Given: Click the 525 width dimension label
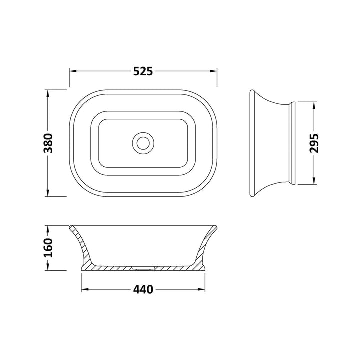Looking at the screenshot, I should tap(142, 71).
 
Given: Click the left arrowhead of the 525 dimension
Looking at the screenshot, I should tap(72, 71).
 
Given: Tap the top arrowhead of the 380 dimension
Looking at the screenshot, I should tap(48, 93).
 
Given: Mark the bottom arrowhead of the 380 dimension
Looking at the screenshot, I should tap(48, 194).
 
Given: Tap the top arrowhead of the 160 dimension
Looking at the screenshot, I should tap(48, 228).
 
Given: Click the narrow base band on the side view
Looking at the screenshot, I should tap(293, 143).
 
